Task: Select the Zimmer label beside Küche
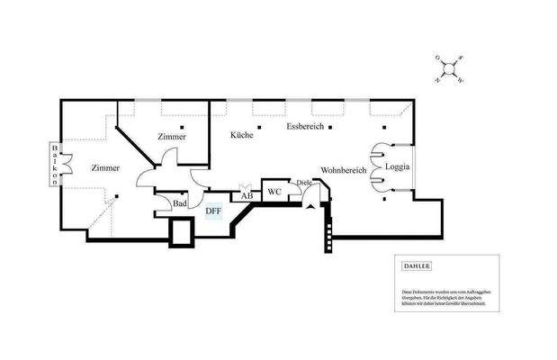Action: coord(171,137)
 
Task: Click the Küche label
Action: coord(240,133)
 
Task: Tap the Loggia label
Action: coord(397,167)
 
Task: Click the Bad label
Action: coord(180,204)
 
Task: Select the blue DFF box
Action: coord(213,211)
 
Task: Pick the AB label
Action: coord(247,195)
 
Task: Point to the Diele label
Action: coord(303,184)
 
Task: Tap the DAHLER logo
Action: coord(417,266)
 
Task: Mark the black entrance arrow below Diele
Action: coord(310,204)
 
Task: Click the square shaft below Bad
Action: coord(183,233)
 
